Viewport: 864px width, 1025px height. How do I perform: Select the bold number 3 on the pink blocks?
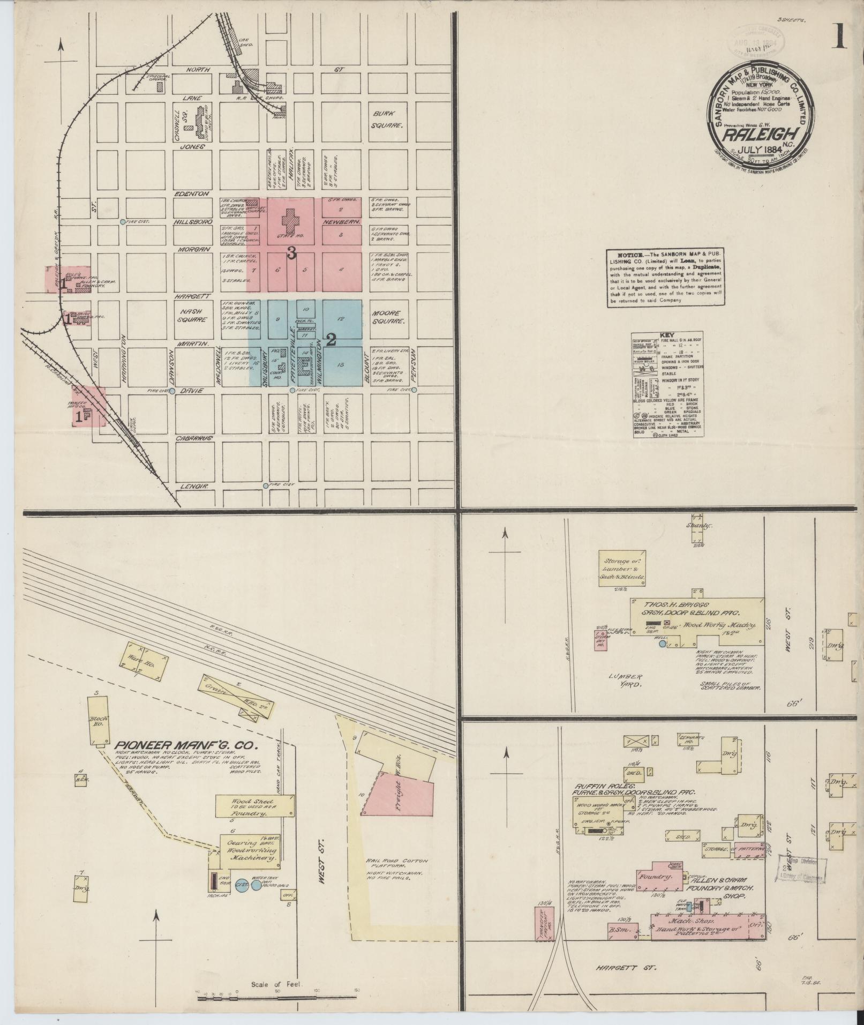coord(291,254)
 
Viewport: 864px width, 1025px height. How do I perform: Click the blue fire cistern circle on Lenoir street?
coord(266,486)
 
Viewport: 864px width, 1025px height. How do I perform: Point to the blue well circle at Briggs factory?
coord(663,644)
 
